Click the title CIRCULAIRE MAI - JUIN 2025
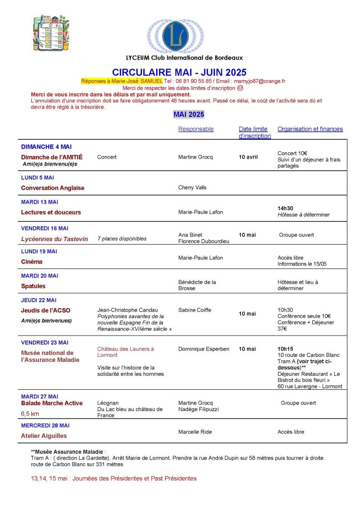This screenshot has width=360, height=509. [179, 73]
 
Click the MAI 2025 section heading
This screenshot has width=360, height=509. [188, 114]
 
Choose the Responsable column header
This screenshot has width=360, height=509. [196, 129]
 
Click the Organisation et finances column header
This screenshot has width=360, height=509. [310, 129]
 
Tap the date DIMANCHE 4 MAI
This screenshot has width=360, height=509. [46, 147]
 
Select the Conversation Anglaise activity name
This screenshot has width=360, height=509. [53, 188]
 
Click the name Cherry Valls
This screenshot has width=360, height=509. [192, 188]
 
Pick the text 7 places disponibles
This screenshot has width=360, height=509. [122, 239]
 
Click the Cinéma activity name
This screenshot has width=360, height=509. [32, 261]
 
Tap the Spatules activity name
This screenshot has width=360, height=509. [33, 286]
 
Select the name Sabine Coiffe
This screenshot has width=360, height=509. [194, 310]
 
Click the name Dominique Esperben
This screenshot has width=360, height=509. [203, 349]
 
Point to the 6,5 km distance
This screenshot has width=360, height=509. [30, 414]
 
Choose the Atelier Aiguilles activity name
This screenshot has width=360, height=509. [44, 436]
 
